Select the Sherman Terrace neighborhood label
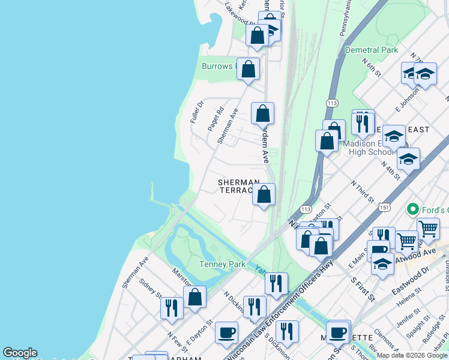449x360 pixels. coord(239,185)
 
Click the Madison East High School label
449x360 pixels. coord(368,148)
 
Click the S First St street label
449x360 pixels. coord(363,290)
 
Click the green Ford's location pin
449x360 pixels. coord(412,209)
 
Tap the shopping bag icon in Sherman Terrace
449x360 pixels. coord(264,194)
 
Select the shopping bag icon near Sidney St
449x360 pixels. coord(195,296)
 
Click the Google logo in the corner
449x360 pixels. coord(20,353)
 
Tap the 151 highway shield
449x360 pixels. coord(384,207)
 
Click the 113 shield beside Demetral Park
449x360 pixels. coord(332,104)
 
